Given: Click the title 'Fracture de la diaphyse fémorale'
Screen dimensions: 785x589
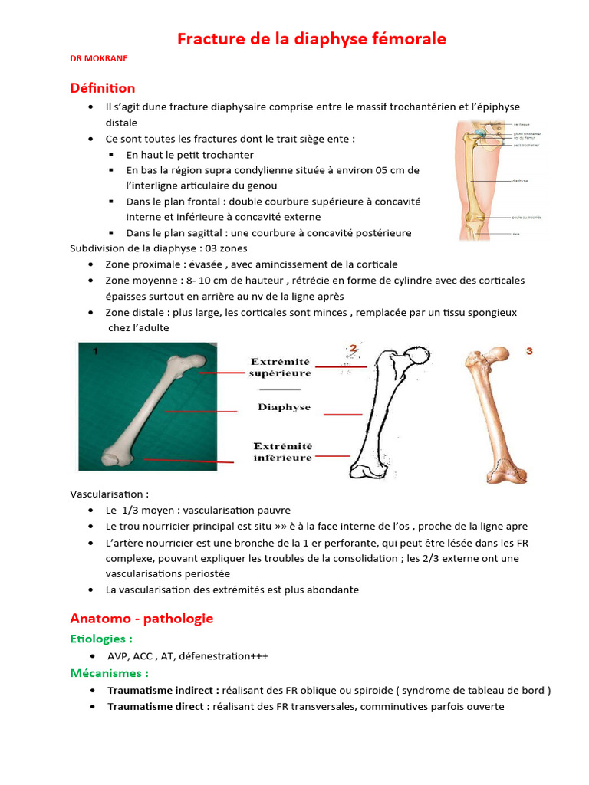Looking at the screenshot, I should coord(311,38).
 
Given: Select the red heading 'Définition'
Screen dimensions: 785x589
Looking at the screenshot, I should coord(102,88).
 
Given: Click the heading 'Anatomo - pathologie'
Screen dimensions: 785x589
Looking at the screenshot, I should coord(141,618).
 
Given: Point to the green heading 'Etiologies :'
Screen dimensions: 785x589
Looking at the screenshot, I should coord(101,638).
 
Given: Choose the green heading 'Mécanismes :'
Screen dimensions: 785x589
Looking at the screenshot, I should coord(109,672).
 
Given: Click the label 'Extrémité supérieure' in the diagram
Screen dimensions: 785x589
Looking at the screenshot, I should coord(281,367).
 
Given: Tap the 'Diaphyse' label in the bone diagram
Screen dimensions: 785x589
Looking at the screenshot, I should coord(284,407).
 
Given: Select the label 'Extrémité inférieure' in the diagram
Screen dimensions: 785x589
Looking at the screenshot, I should coord(282,452).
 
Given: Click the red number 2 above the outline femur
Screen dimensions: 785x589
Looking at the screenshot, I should coord(354,350).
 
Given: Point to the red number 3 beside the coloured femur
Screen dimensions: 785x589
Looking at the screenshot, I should coord(528,352).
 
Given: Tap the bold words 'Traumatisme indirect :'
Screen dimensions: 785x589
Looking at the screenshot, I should coord(158,690).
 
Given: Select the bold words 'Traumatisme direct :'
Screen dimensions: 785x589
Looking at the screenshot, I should coord(158,706).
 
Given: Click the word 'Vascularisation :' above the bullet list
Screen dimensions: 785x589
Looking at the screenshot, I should coord(109,494).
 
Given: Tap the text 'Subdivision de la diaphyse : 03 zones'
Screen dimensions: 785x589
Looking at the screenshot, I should coord(159,248).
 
